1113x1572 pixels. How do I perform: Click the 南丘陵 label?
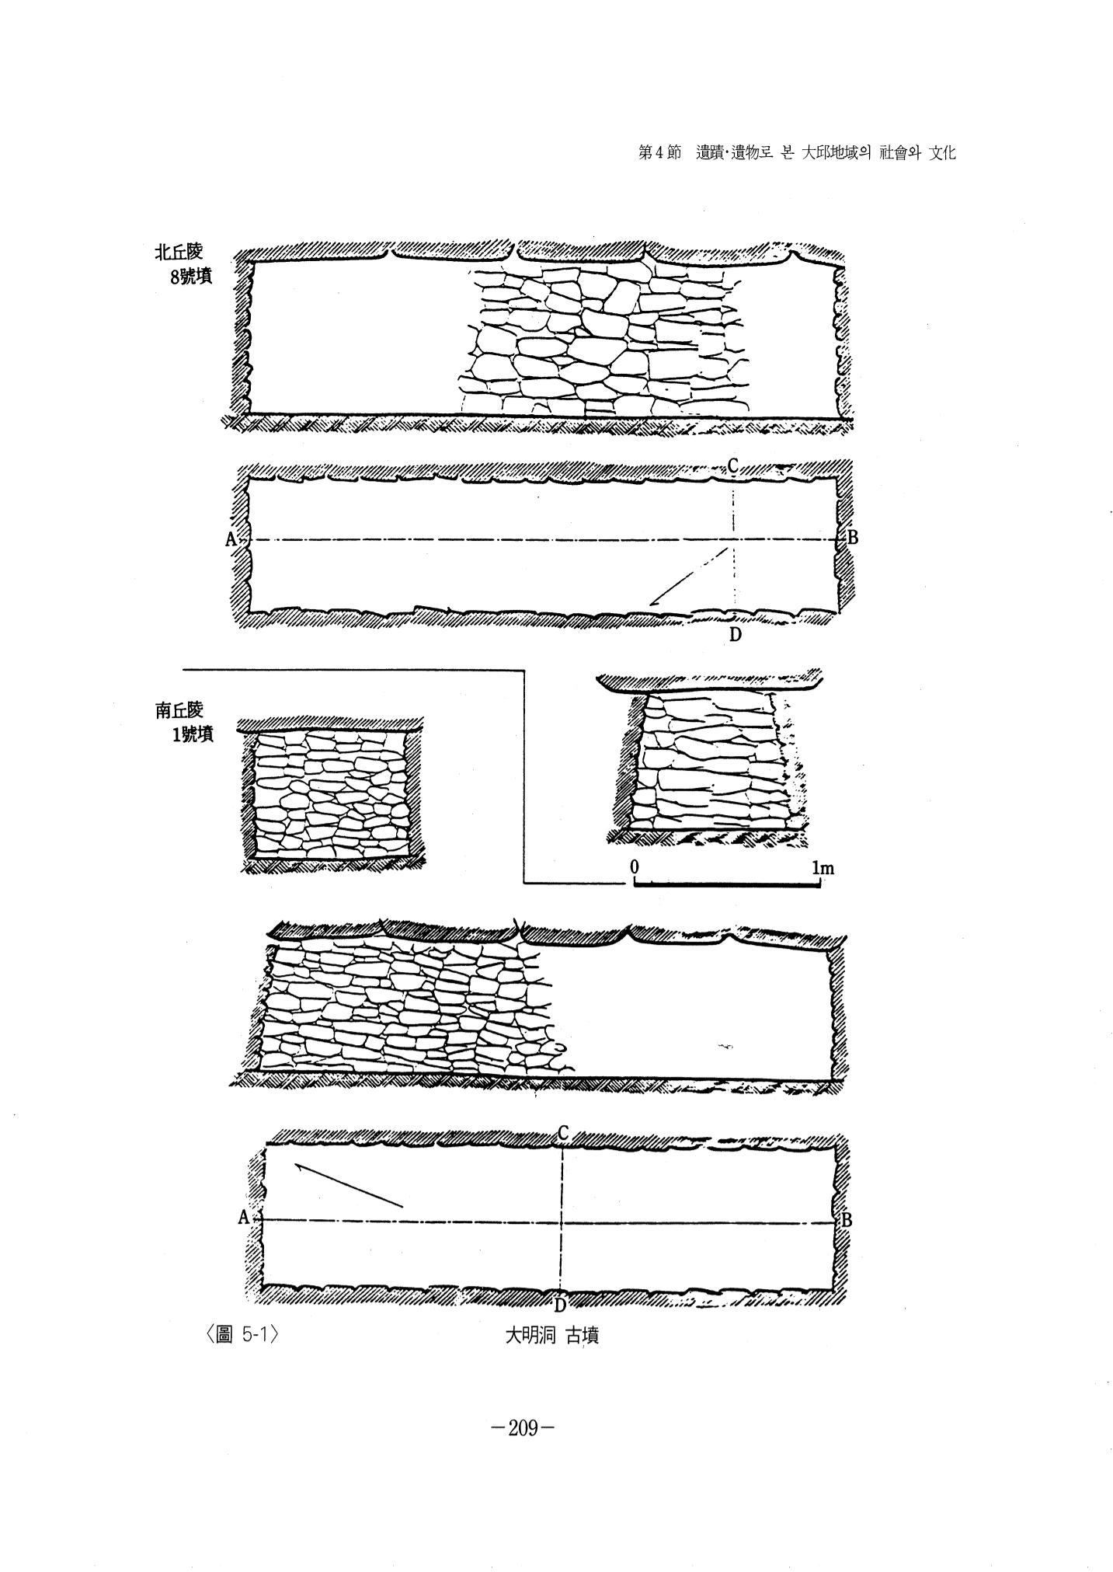click(178, 710)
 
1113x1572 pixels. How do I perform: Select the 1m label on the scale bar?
click(823, 867)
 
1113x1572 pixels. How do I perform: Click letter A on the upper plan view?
click(231, 539)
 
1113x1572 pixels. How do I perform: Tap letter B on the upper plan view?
click(852, 537)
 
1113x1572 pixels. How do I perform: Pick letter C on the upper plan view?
click(732, 465)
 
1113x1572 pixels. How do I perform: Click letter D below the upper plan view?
click(735, 635)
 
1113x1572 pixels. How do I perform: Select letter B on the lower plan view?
click(847, 1220)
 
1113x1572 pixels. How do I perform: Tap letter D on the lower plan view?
click(559, 1305)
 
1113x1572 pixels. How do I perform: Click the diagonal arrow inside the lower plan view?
click(348, 1185)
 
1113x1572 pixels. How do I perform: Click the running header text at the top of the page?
click(796, 153)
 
